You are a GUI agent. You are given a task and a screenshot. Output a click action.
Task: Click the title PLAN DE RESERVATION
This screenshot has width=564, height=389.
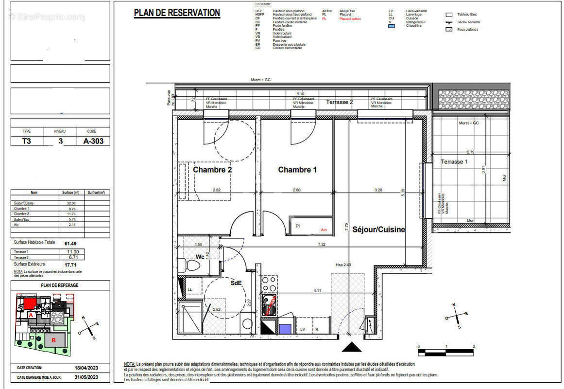pyautogui.click(x=177, y=13)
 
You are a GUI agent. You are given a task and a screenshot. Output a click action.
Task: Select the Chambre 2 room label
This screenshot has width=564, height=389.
pyautogui.click(x=212, y=170)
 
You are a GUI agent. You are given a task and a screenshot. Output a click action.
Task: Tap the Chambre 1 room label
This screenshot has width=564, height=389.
pyautogui.click(x=297, y=170)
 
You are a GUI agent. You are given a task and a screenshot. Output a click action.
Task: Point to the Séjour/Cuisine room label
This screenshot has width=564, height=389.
pyautogui.click(x=378, y=229)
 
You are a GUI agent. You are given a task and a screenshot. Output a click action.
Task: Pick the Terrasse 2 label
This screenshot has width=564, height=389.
pyautogui.click(x=340, y=102)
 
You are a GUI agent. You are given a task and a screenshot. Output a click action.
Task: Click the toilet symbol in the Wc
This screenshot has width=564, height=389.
pyautogui.click(x=192, y=265)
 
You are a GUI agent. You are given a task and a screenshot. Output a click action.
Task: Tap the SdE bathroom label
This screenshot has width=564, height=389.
pyautogui.click(x=236, y=283)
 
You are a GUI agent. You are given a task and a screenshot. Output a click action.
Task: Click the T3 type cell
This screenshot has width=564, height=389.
pyautogui.click(x=27, y=141)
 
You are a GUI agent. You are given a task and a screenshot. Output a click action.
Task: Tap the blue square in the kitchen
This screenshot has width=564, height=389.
pyautogui.click(x=285, y=329)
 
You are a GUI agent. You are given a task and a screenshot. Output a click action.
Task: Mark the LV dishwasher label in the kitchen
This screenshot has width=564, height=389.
pyautogui.click(x=303, y=329)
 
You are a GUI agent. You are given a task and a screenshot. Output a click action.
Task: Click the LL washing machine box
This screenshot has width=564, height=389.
pyautogui.click(x=190, y=289)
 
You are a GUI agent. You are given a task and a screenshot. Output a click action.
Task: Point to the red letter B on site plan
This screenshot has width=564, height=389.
pyautogui.click(x=54, y=340)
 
